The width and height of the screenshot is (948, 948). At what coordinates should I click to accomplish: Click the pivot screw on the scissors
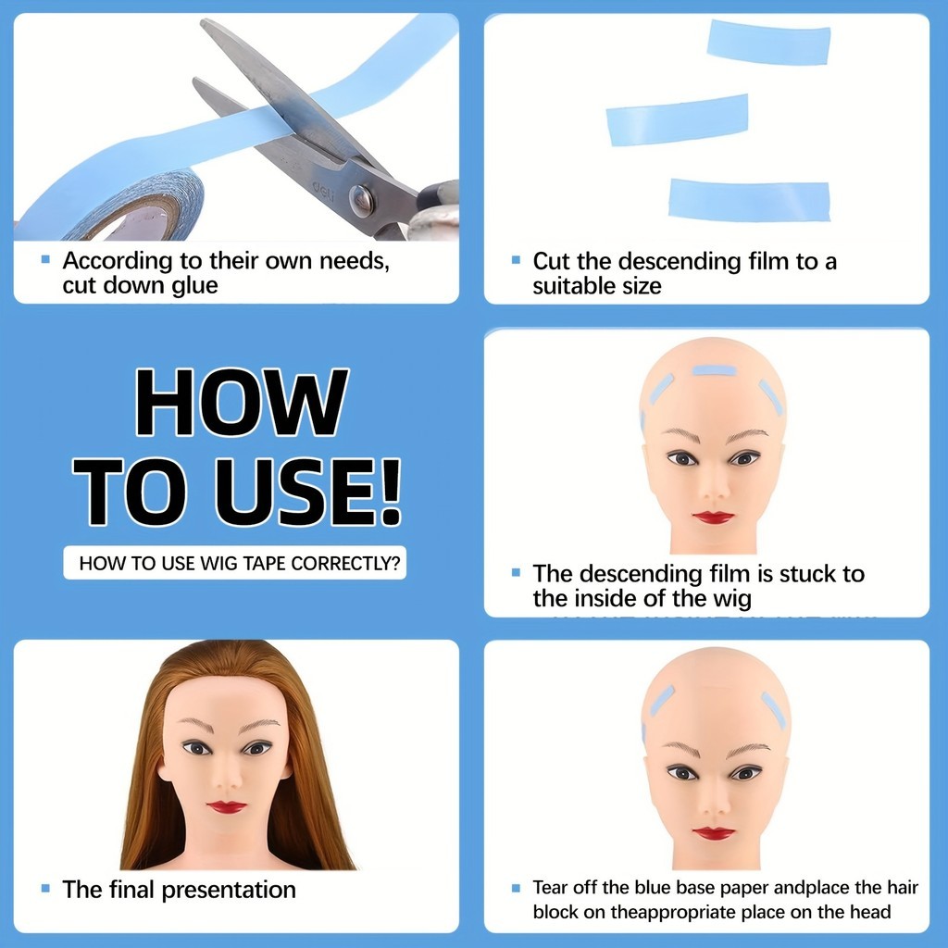point(362,201)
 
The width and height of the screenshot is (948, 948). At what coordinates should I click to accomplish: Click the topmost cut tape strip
point(769,43)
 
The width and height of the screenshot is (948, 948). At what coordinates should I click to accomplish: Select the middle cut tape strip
point(677,120)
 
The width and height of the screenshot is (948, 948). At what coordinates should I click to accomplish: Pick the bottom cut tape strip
point(749,200)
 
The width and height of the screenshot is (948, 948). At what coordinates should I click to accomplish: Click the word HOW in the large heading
point(242,402)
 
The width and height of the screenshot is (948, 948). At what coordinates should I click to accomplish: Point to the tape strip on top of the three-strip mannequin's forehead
point(715,370)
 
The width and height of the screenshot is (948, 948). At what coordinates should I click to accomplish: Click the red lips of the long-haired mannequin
point(227,807)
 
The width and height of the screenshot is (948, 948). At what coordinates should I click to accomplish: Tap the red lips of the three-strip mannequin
point(714,518)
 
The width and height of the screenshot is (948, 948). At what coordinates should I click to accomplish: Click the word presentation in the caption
point(230,891)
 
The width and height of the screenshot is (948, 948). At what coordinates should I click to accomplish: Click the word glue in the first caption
point(194,286)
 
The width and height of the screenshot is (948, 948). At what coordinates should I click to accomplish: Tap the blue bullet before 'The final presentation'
point(45,888)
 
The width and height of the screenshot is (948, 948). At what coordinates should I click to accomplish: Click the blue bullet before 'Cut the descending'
point(516,260)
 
